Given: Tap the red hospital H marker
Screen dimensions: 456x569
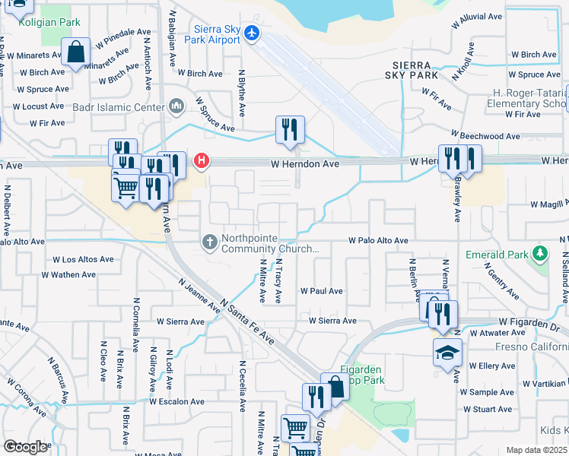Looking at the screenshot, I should point(202,160).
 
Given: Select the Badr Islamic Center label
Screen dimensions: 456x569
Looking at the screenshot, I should point(118,107).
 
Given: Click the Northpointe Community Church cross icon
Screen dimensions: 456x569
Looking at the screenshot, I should point(210,242).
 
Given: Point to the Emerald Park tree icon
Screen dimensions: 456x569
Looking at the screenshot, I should point(540,252).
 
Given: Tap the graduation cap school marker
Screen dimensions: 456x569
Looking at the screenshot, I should point(447,353).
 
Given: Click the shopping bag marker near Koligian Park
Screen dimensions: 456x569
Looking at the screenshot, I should point(76,52).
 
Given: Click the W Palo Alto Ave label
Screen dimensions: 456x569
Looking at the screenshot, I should point(378,240).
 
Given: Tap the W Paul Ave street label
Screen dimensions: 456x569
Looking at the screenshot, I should point(321,291).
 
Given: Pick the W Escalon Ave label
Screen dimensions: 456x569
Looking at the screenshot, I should point(176,401).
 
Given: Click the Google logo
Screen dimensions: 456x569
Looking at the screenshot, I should point(24,447).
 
